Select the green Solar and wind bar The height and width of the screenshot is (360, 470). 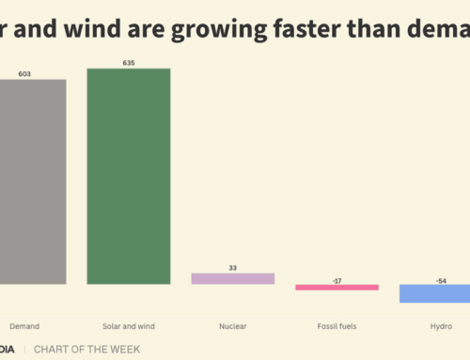(129, 176)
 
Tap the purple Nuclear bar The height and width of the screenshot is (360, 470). (232, 278)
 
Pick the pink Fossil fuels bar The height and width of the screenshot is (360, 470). (337, 287)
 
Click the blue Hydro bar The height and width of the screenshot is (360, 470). (434, 292)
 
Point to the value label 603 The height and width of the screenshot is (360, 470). (37, 71)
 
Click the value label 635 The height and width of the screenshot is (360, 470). (129, 62)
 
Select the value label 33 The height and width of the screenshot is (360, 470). (233, 267)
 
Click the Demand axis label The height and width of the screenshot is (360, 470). (24, 326)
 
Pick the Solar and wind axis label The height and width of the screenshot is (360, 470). (129, 326)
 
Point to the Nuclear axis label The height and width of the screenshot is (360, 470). (233, 326)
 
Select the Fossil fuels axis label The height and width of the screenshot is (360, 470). (337, 326)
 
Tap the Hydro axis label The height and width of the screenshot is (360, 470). (439, 326)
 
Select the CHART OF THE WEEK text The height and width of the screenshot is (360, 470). (86, 349)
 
